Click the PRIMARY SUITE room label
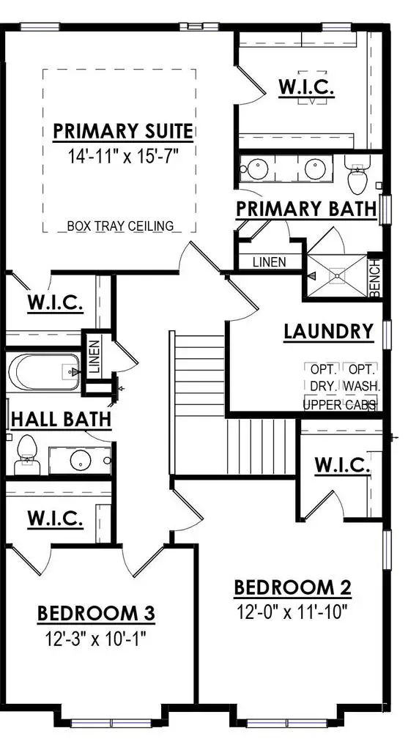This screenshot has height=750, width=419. [x=123, y=131]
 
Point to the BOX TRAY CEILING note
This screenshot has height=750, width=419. [x=121, y=226]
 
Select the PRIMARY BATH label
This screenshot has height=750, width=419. [x=306, y=209]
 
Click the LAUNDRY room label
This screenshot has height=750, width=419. [x=329, y=332]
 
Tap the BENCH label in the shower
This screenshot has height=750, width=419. [x=375, y=278]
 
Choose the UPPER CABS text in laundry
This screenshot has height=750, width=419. [x=340, y=404]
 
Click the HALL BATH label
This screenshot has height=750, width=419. [x=62, y=419]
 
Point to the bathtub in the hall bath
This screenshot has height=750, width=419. [x=43, y=372]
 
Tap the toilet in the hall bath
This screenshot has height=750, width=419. [x=28, y=452]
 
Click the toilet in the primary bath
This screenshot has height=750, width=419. [x=357, y=176]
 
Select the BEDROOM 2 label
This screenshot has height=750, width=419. [x=292, y=587]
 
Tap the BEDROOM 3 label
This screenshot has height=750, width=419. [x=95, y=613]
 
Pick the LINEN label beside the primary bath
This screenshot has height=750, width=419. [x=269, y=261]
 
